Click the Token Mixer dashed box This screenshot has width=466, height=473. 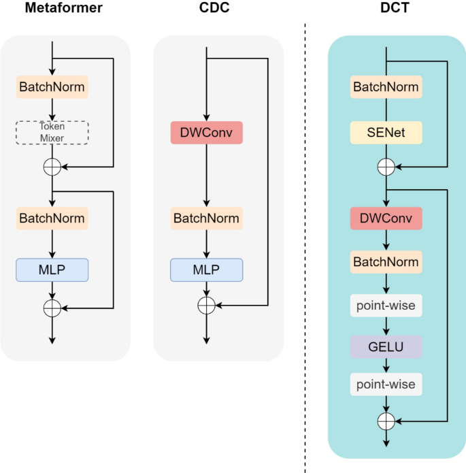pyautogui.click(x=52, y=133)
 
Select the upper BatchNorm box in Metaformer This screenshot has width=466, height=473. pyautogui.click(x=52, y=86)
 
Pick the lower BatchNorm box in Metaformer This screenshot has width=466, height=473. pyautogui.click(x=52, y=218)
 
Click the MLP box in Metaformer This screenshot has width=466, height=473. pyautogui.click(x=52, y=270)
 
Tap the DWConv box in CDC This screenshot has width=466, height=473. pyautogui.click(x=206, y=133)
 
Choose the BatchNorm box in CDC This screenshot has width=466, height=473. pyautogui.click(x=206, y=218)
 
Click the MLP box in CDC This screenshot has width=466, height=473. pyautogui.click(x=206, y=270)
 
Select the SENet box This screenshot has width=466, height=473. pyautogui.click(x=386, y=133)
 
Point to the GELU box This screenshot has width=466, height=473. pyautogui.click(x=386, y=346)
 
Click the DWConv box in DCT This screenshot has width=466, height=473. pyautogui.click(x=386, y=218)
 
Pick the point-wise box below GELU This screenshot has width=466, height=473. pyautogui.click(x=386, y=385)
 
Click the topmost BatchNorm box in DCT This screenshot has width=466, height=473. pyautogui.click(x=386, y=86)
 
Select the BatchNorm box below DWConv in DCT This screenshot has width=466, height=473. pyautogui.click(x=386, y=261)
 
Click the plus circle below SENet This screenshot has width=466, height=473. pyautogui.click(x=386, y=167)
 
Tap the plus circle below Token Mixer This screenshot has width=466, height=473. pyautogui.click(x=52, y=167)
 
